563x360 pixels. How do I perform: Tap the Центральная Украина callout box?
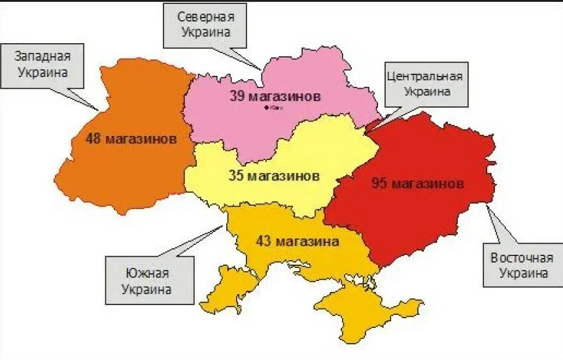click(424, 84)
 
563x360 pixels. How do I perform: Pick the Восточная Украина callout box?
click(522, 265)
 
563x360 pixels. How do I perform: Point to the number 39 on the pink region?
click(238, 97)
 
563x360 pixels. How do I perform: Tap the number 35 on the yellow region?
click(237, 176)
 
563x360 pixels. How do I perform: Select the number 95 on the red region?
click(380, 183)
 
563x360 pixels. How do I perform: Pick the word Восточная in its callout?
click(522, 257)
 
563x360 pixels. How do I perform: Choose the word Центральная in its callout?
click(424, 76)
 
